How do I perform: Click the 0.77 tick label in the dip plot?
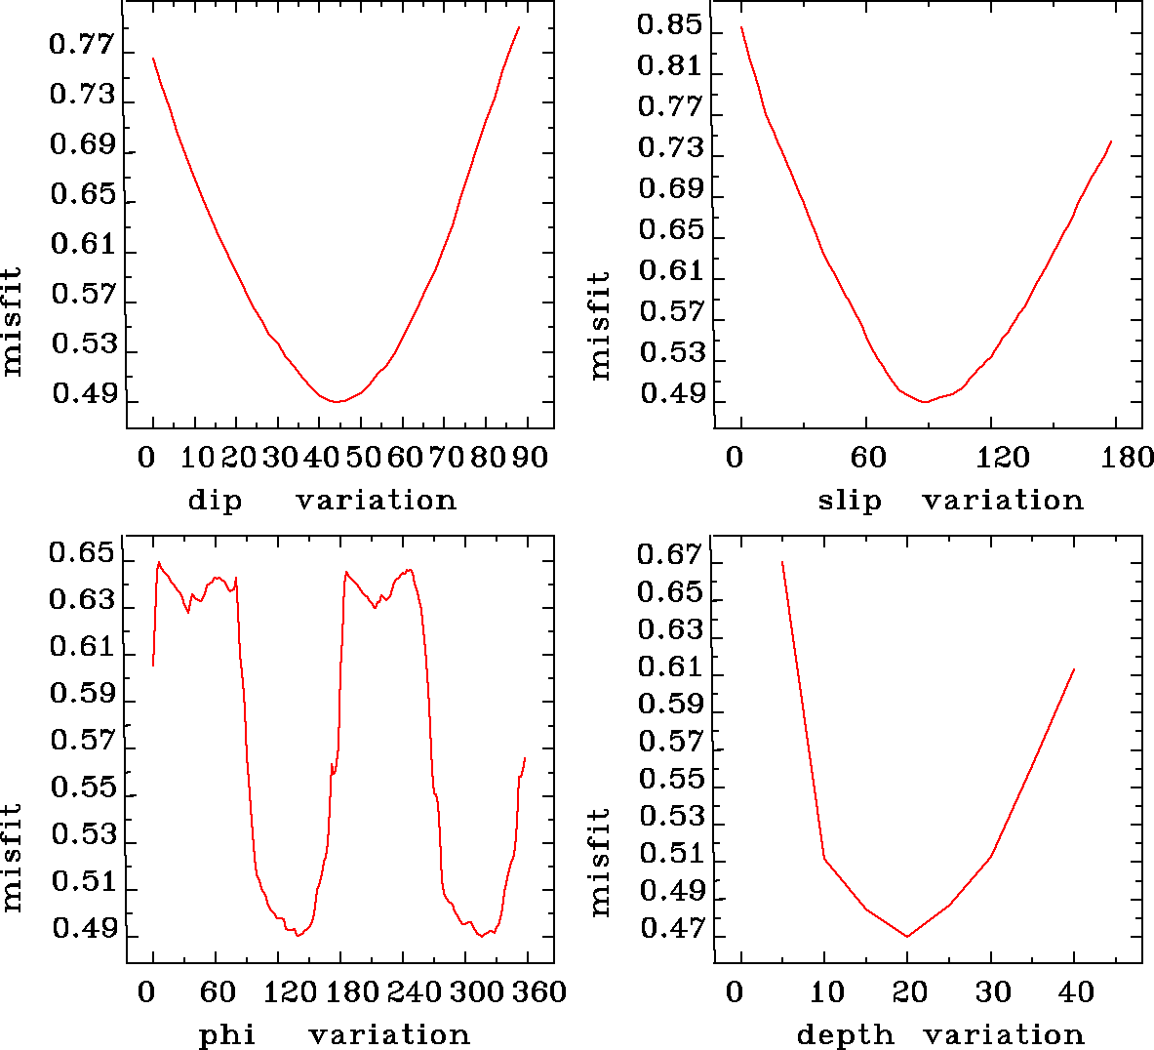point(82,45)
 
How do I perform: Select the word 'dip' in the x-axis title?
point(215,501)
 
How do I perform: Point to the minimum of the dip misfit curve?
point(337,401)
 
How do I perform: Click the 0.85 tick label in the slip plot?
point(669,24)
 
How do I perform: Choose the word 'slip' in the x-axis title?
point(849,501)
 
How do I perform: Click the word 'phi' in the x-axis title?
point(227,1035)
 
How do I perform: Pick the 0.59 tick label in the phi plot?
point(82,694)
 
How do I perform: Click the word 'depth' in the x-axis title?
point(845,1035)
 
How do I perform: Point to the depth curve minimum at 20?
point(907,937)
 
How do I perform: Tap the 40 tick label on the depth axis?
point(1075,992)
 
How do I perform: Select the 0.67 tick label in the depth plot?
point(669,555)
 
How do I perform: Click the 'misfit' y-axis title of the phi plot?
point(13,857)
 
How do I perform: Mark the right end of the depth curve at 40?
point(1074,669)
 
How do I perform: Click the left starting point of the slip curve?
point(741,27)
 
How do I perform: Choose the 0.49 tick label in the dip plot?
point(84,394)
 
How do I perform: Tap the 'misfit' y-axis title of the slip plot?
point(600,325)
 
